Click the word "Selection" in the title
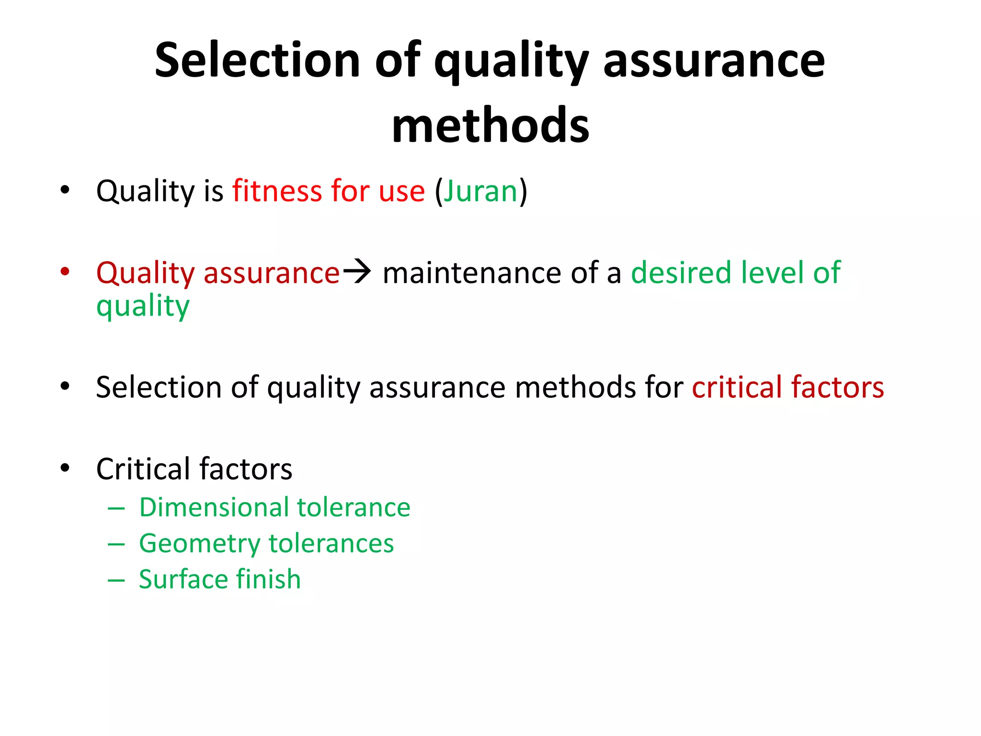tap(257, 60)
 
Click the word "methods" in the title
tap(490, 126)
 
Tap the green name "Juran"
tap(480, 191)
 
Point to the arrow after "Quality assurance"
tap(357, 272)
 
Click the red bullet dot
tap(65, 272)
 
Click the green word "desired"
tap(681, 273)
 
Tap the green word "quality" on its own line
tap(143, 307)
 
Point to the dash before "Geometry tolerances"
tap(116, 544)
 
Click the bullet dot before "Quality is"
tap(65, 190)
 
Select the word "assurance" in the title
tap(714, 60)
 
